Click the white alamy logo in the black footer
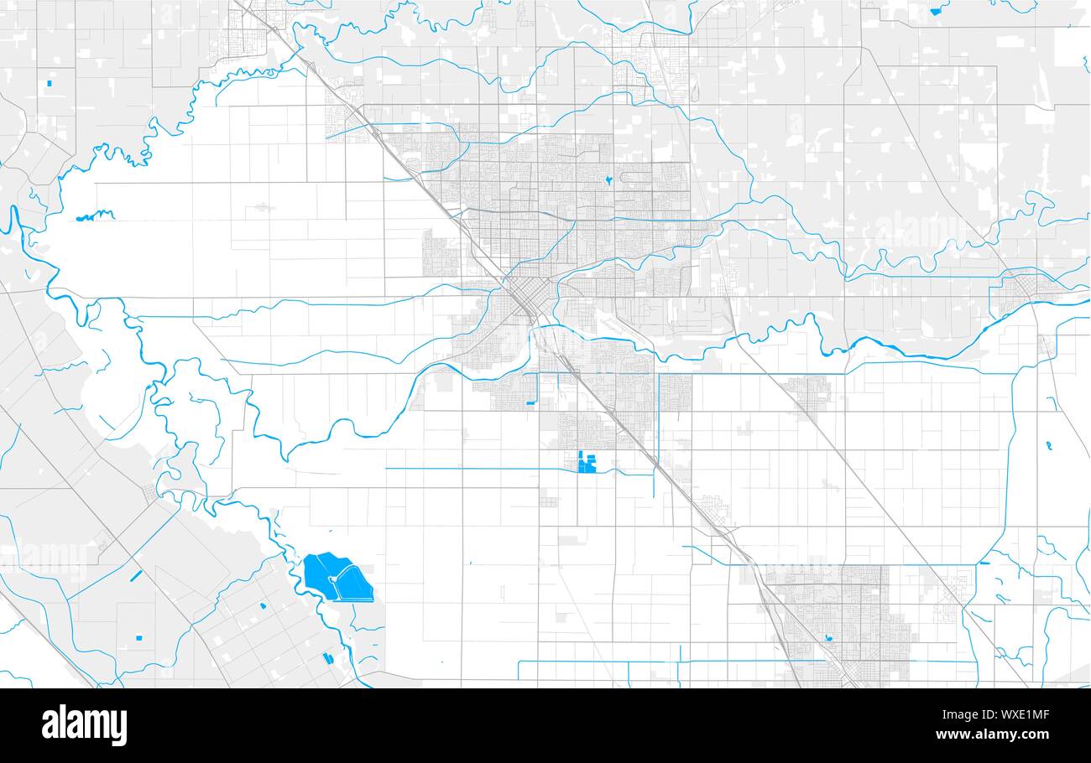(84, 725)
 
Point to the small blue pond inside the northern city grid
(607, 179)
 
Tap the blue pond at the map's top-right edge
(936, 11)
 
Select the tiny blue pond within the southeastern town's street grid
(829, 637)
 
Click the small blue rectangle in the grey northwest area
(50, 83)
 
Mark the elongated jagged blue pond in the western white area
(95, 215)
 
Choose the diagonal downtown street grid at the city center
(525, 298)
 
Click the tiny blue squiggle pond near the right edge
(1049, 445)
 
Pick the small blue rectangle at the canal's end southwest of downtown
(530, 403)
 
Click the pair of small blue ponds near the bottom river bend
(327, 658)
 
